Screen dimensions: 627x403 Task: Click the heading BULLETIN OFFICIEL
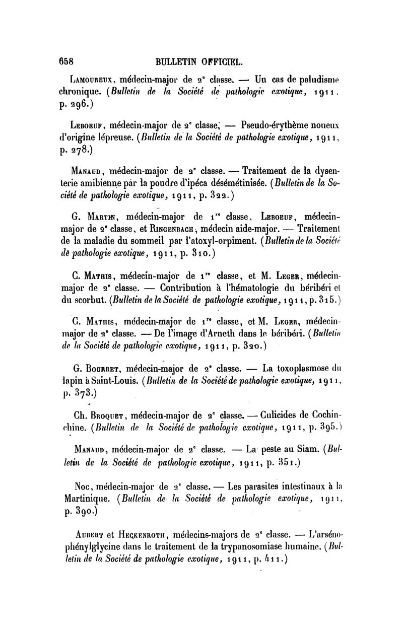(x=200, y=62)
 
